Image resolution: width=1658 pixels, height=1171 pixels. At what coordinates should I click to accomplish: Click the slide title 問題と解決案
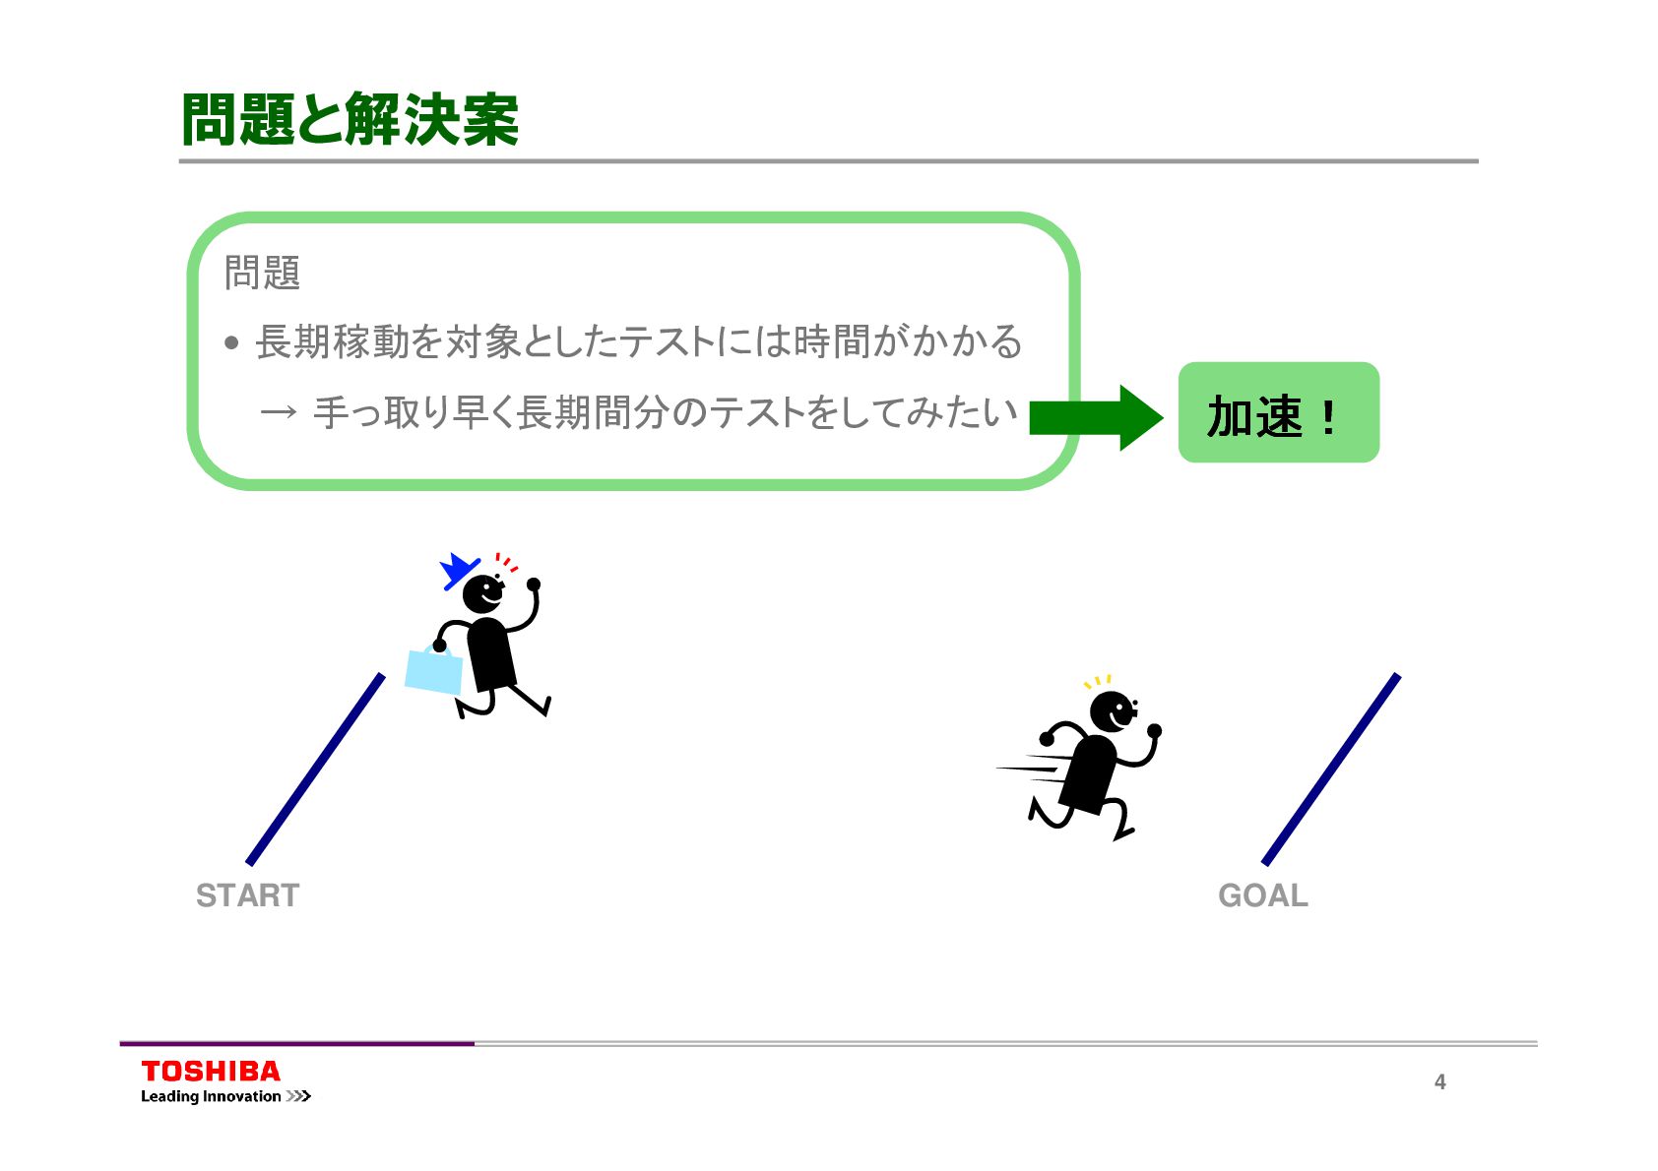click(x=350, y=120)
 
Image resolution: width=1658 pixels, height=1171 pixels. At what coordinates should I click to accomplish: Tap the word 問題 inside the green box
click(x=262, y=273)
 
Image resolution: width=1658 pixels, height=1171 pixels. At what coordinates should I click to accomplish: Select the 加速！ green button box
click(x=1278, y=413)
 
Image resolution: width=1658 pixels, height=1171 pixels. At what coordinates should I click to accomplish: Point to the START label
click(x=247, y=895)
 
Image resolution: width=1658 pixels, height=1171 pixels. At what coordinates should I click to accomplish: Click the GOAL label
click(x=1263, y=895)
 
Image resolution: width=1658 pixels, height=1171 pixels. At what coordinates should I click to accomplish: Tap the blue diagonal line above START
click(x=315, y=769)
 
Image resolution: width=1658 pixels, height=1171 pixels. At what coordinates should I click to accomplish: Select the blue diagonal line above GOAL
click(x=1330, y=769)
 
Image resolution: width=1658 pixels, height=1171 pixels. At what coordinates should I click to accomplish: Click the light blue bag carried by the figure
click(x=434, y=671)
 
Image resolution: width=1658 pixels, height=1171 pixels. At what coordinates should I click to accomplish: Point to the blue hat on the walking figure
click(x=457, y=571)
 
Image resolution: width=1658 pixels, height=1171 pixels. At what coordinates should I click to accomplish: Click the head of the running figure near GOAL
click(x=1113, y=710)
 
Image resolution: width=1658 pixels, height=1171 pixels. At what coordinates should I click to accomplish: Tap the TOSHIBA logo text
click(x=211, y=1072)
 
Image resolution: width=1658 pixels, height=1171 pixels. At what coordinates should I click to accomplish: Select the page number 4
click(x=1439, y=1081)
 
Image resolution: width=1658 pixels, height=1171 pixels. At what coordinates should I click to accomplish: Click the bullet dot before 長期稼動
click(x=231, y=343)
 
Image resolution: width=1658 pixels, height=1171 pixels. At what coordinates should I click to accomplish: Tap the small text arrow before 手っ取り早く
click(x=278, y=412)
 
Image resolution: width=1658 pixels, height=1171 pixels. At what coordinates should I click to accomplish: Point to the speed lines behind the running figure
click(x=1032, y=768)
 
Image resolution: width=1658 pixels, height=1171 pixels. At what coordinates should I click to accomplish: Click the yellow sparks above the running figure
click(x=1098, y=681)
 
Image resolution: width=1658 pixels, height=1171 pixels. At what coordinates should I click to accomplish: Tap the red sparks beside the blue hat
click(x=506, y=563)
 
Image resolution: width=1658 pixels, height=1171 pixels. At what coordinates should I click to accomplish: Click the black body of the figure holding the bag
click(x=490, y=654)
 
